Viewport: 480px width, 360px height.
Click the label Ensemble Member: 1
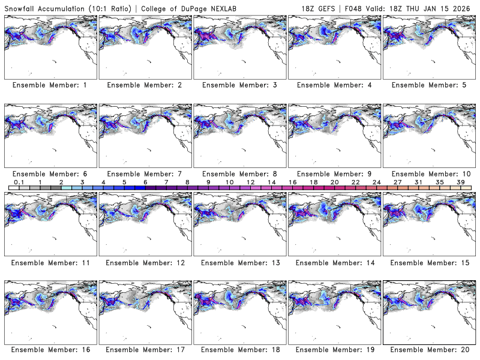50,85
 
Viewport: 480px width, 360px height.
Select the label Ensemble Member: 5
428,85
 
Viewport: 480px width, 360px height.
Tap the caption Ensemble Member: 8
239,173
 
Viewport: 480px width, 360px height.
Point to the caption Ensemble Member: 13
239,262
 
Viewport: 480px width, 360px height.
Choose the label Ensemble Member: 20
428,350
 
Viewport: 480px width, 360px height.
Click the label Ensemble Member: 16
50,350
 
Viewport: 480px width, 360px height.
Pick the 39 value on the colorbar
460,182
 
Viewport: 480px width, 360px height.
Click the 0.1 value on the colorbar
19,182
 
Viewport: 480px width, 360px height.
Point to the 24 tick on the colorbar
376,182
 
